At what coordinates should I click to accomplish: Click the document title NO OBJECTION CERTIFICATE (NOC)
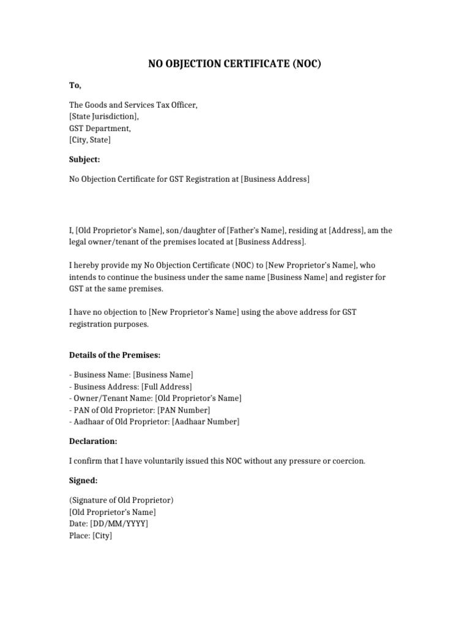click(x=234, y=64)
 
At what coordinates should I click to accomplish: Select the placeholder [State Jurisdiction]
click(x=104, y=117)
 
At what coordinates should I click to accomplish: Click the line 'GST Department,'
click(x=100, y=129)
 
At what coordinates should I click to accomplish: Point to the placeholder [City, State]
click(x=90, y=140)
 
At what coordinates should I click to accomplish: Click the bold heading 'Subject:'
click(x=84, y=160)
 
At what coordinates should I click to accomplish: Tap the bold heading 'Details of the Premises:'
click(x=115, y=355)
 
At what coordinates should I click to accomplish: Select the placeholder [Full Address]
click(x=166, y=387)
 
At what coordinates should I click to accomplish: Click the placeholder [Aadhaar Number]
click(x=206, y=422)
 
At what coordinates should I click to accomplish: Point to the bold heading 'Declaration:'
click(x=93, y=441)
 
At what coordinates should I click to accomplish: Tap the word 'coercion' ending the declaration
click(x=349, y=461)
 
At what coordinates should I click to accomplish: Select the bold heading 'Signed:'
click(x=83, y=481)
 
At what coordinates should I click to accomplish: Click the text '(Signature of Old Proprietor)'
click(x=121, y=500)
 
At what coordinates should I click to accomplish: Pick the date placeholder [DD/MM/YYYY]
click(x=119, y=524)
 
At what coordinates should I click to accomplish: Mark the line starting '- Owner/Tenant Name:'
click(x=155, y=399)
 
